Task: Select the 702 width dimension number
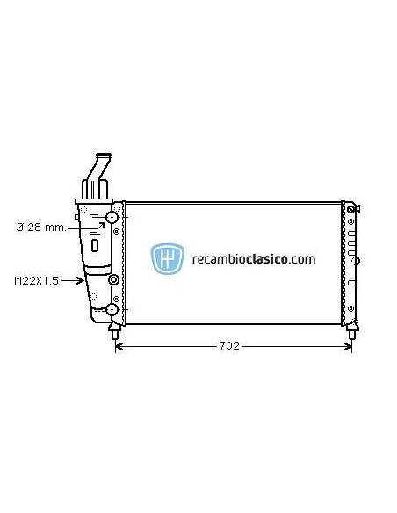click(229, 345)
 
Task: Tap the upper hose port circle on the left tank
click(112, 218)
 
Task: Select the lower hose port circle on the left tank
click(112, 309)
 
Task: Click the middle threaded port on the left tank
click(113, 281)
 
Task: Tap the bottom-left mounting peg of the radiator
click(115, 332)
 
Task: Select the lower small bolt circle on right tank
click(350, 309)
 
